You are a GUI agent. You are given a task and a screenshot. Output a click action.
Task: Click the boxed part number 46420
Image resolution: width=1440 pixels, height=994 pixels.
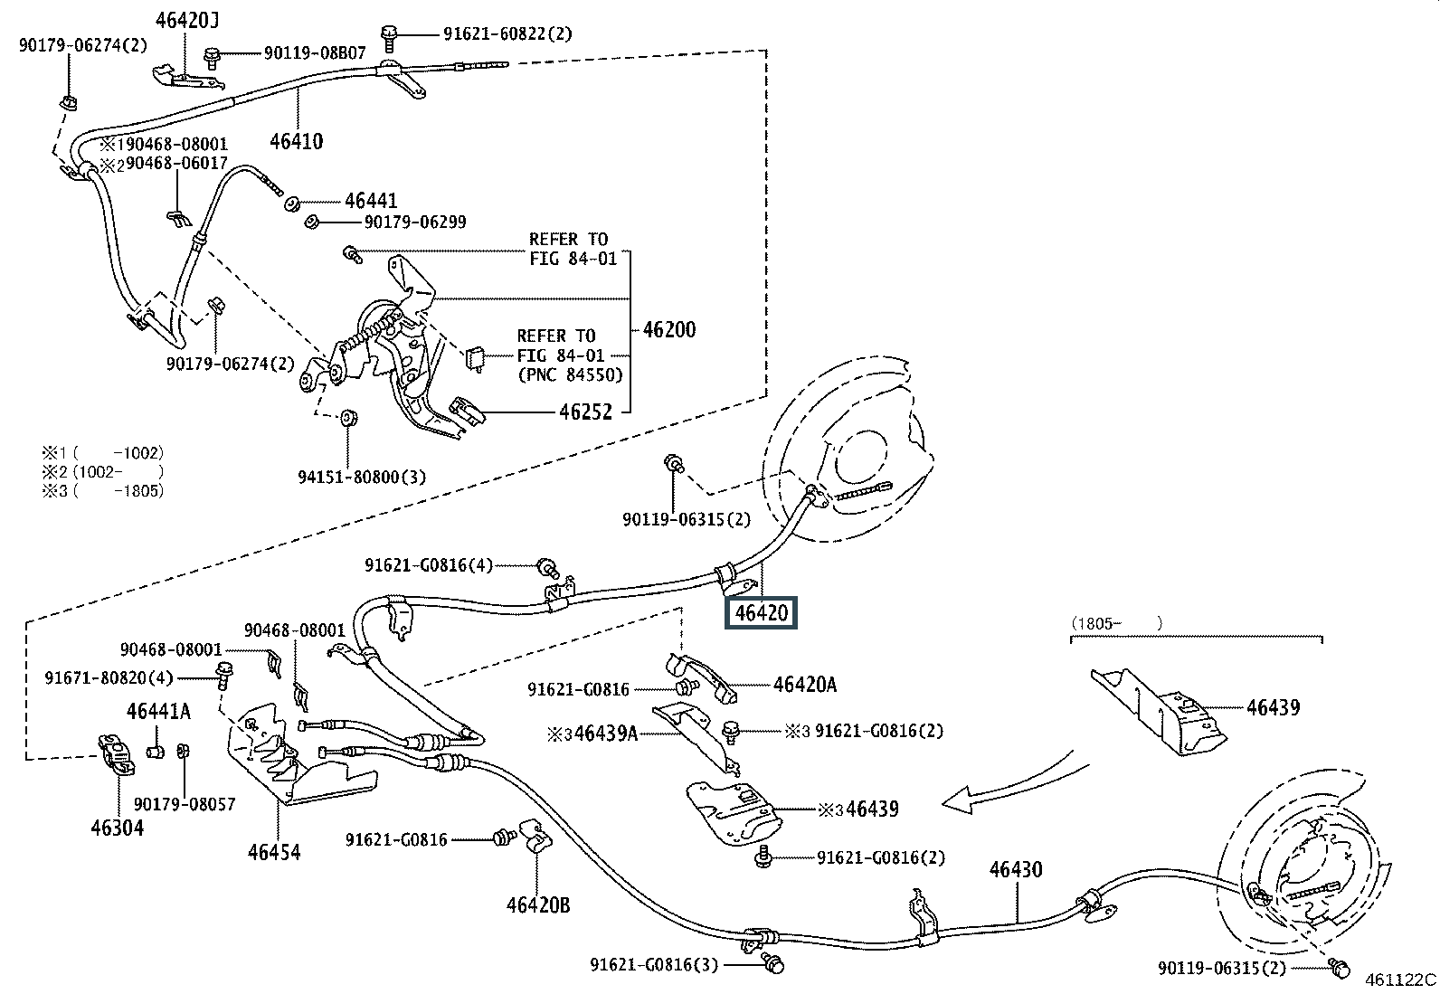click(762, 613)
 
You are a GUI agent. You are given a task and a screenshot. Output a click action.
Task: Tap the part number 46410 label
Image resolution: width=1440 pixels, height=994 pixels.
click(296, 141)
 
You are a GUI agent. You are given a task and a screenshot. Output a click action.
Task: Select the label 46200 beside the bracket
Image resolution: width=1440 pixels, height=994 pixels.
click(668, 329)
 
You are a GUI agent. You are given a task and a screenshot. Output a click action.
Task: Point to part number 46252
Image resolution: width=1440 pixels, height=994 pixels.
click(585, 412)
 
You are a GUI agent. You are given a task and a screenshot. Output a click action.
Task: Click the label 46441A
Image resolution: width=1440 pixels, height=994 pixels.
click(158, 712)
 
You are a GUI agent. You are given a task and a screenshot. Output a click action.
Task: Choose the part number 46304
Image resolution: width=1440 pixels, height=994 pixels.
click(117, 827)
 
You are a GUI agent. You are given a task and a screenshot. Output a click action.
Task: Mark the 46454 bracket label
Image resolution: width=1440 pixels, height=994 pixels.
click(274, 851)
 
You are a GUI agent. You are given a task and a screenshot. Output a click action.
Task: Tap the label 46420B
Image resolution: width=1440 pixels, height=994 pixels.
click(538, 904)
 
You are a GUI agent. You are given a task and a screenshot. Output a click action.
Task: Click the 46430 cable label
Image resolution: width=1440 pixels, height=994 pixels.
click(1015, 870)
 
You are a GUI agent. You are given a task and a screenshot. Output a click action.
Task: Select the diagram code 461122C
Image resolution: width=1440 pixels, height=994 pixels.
click(1400, 979)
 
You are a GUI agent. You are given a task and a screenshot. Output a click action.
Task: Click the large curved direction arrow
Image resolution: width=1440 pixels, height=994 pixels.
click(1013, 783)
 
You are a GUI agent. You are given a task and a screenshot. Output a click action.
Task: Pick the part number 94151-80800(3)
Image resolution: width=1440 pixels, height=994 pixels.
click(362, 477)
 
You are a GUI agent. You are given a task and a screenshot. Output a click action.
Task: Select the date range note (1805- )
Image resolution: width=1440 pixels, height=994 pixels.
click(1116, 622)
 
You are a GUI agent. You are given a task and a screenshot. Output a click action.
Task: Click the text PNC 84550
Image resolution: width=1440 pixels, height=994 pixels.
click(571, 374)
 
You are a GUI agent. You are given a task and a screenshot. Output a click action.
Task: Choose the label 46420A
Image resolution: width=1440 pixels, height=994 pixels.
click(804, 686)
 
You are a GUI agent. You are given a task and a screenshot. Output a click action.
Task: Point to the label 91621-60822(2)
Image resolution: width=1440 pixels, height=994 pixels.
click(507, 33)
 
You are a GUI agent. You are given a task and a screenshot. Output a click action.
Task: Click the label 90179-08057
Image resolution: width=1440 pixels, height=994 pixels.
click(185, 804)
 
